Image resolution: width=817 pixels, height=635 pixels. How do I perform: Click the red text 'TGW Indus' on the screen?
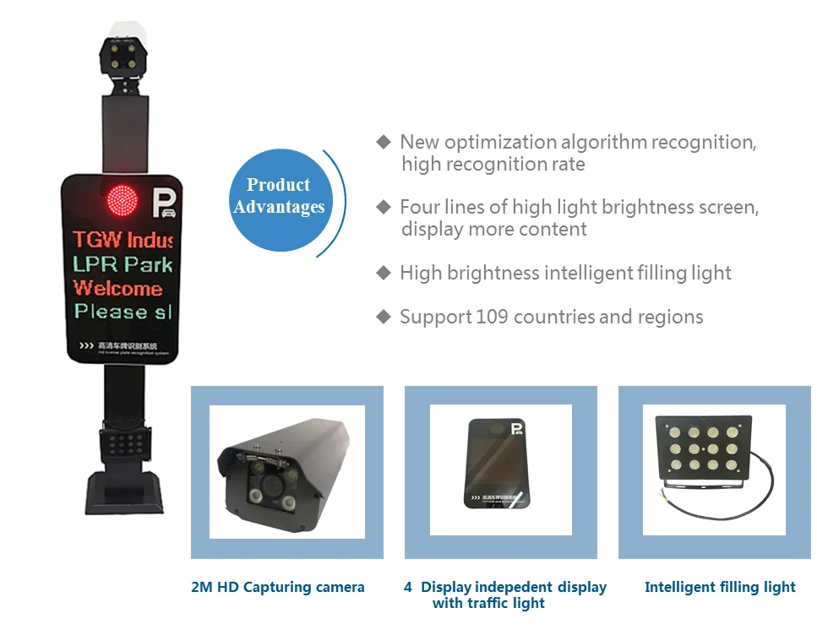(123, 240)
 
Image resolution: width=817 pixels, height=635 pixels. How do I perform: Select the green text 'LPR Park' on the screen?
(123, 264)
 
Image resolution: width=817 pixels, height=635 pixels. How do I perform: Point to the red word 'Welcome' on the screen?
(117, 288)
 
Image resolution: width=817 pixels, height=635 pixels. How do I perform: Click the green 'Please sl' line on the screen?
(123, 312)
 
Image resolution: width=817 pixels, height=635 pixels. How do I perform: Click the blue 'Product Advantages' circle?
(279, 197)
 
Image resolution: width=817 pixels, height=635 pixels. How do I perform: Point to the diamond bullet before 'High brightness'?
(384, 273)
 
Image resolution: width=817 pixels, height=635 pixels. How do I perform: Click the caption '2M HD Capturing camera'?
(278, 587)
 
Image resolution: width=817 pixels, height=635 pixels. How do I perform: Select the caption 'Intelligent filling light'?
(720, 587)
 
